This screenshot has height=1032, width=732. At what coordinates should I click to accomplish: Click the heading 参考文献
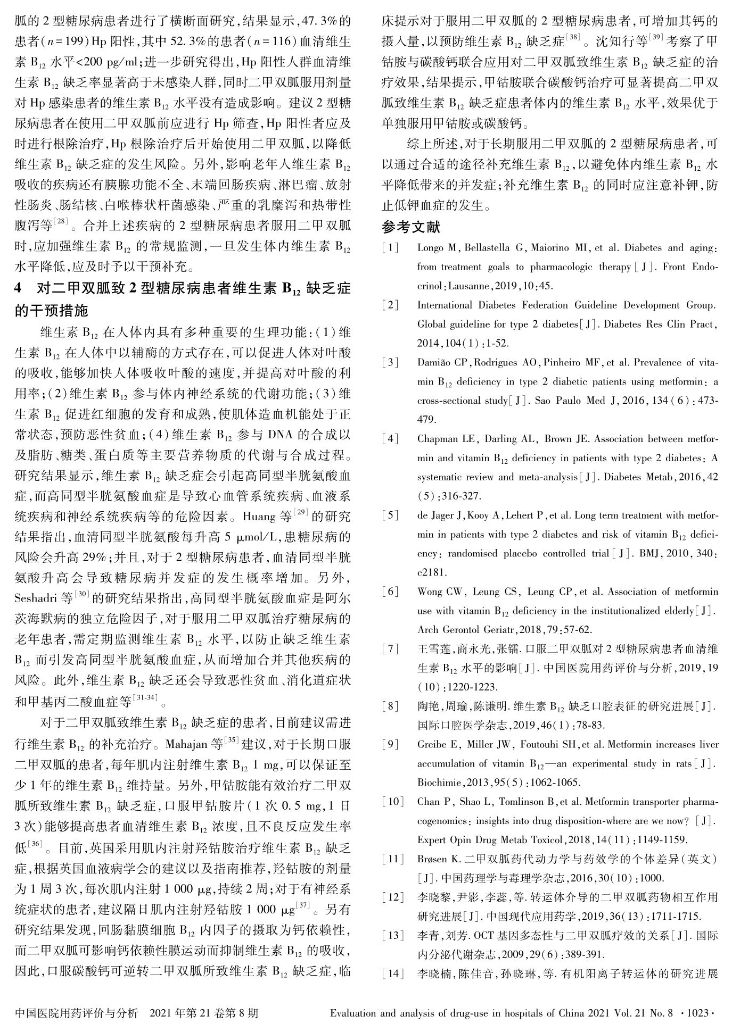[x=411, y=227]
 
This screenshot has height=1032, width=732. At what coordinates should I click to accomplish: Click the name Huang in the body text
[x=259, y=517]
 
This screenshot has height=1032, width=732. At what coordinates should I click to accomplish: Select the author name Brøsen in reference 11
[x=432, y=859]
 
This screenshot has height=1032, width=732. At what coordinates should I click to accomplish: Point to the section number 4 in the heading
[x=20, y=289]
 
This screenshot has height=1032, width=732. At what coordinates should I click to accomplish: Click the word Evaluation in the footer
[x=355, y=1013]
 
